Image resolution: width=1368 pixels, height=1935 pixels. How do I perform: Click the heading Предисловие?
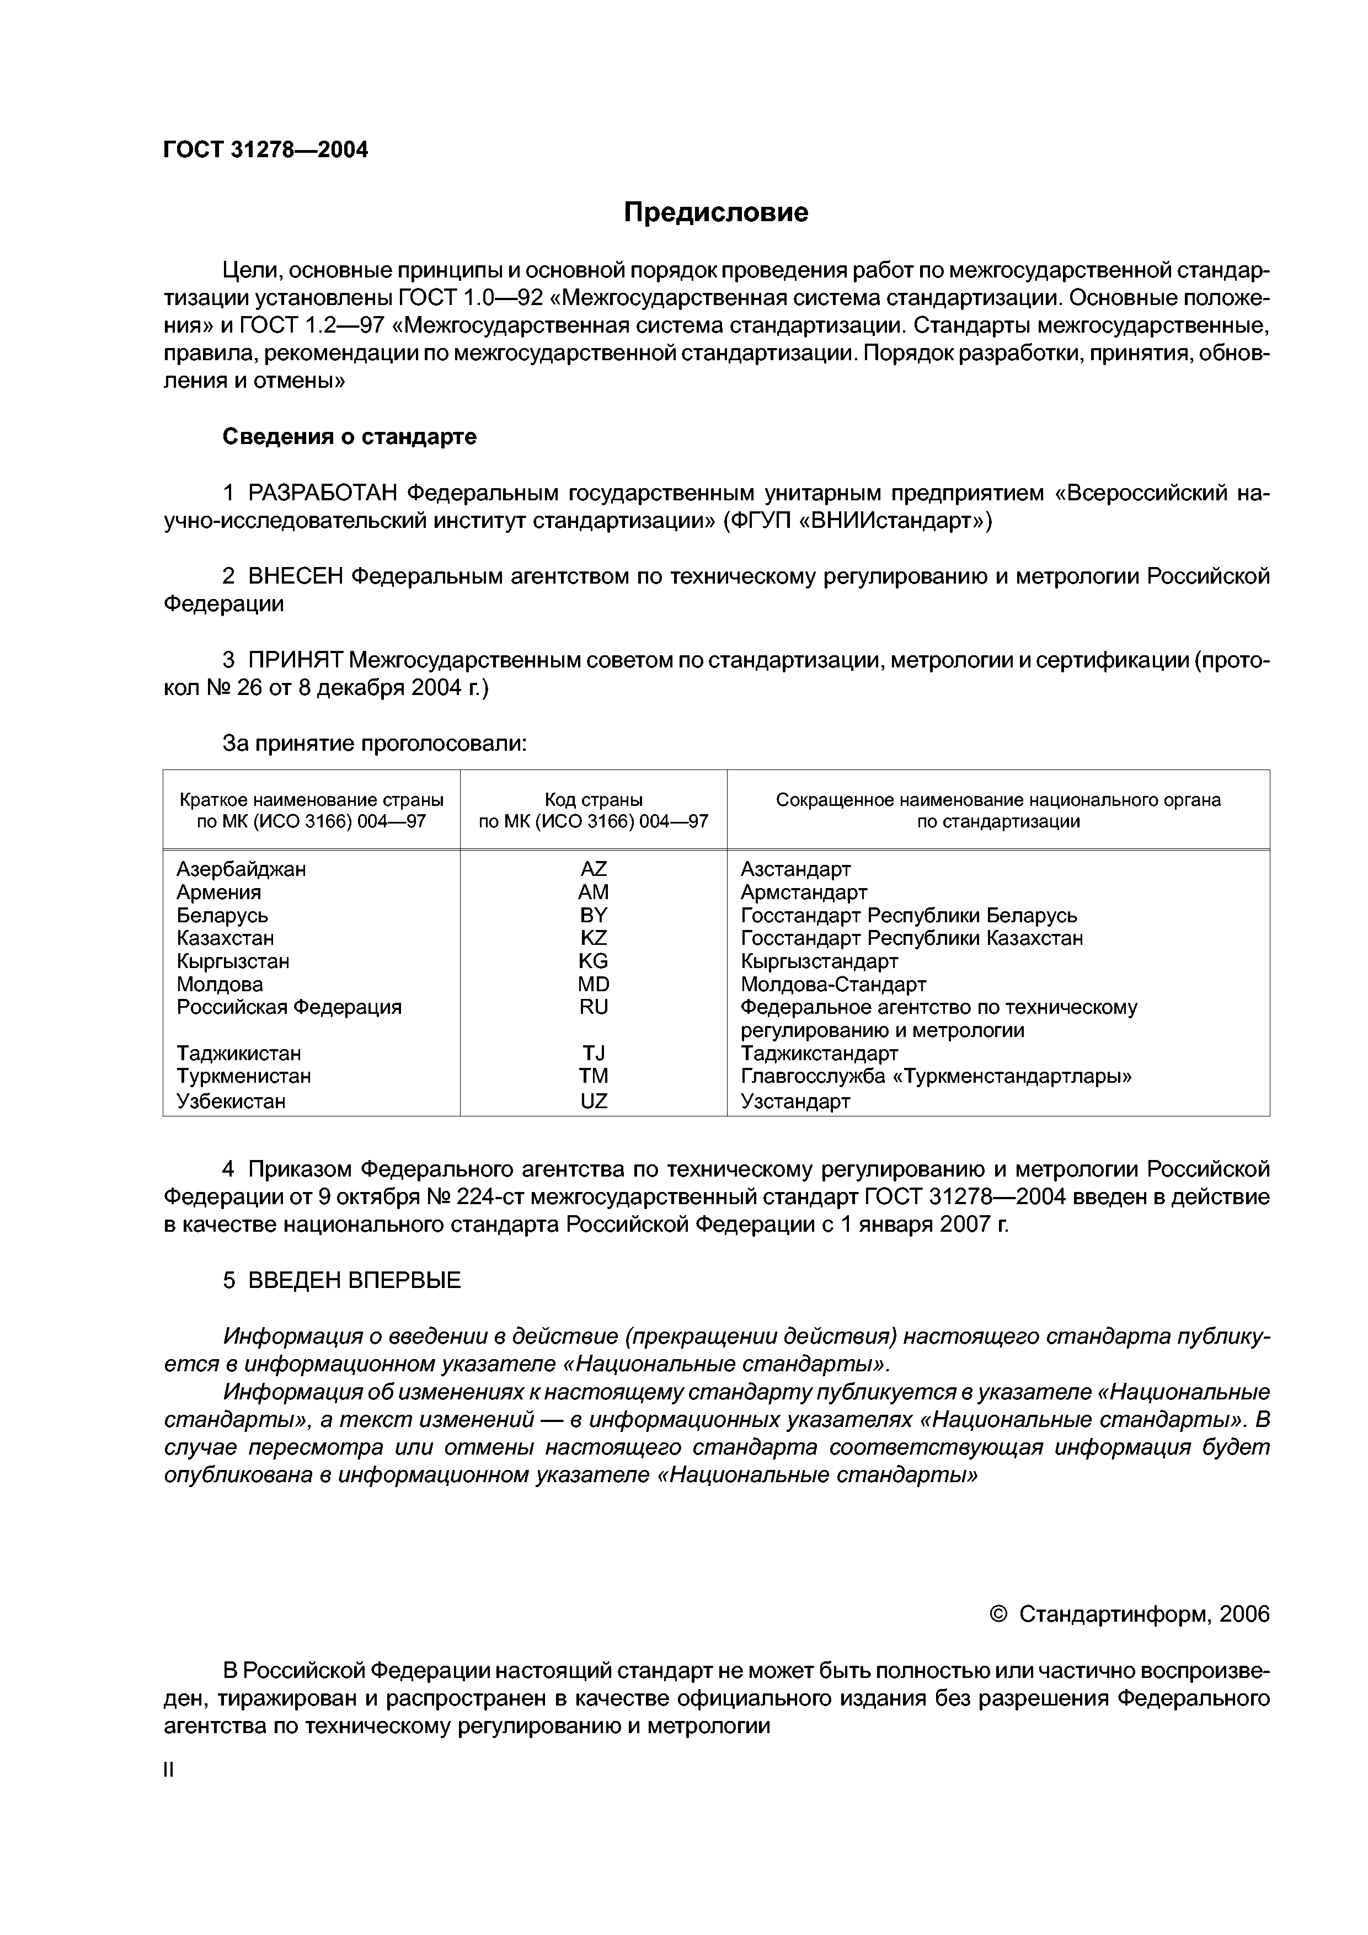click(x=715, y=212)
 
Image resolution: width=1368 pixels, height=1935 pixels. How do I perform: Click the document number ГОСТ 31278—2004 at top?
click(x=265, y=150)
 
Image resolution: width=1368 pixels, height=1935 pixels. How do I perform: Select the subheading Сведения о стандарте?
click(x=349, y=436)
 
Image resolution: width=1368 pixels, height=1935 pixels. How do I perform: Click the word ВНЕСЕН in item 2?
click(x=296, y=576)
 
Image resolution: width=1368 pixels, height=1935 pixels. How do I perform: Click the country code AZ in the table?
click(x=594, y=869)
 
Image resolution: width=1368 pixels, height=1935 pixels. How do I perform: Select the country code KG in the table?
click(x=594, y=961)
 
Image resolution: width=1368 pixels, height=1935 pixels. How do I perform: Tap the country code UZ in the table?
click(x=594, y=1100)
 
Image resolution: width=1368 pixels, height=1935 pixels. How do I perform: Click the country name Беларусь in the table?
click(x=222, y=915)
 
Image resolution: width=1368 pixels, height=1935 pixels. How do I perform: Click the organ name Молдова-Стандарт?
click(x=833, y=985)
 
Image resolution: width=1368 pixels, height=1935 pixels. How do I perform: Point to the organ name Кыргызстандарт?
click(x=819, y=961)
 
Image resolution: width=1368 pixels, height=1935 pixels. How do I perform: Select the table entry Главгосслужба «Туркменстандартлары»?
click(x=936, y=1076)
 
